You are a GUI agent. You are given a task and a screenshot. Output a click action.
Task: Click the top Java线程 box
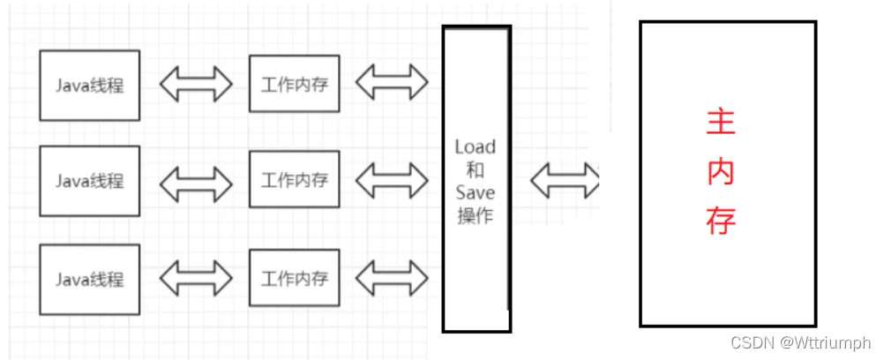tap(90, 85)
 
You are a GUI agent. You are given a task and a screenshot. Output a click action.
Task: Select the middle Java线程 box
tap(90, 181)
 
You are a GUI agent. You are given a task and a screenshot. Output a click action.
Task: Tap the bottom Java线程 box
tap(90, 280)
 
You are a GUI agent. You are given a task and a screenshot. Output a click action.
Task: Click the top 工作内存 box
tap(295, 84)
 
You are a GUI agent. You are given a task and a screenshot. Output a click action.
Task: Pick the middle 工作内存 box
tap(295, 180)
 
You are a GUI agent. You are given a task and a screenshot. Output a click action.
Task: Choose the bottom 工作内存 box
tap(295, 279)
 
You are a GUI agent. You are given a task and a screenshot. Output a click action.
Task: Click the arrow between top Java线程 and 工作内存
tap(195, 84)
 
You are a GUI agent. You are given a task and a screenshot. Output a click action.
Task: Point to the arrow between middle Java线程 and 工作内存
tap(195, 181)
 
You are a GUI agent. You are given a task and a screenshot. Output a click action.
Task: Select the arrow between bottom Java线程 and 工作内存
tap(195, 279)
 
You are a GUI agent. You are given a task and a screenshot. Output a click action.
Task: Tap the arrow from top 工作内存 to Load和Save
tap(392, 83)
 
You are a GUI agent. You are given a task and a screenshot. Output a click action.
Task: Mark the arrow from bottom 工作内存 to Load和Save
tap(392, 279)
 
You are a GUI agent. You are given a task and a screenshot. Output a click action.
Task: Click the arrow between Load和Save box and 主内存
tap(566, 180)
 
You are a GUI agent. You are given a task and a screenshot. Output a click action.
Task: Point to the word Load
tap(475, 146)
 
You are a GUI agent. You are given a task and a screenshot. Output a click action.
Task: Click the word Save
tap(475, 192)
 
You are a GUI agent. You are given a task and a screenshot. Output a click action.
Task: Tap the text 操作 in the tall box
tap(475, 215)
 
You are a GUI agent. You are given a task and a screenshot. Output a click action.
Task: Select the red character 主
tap(721, 124)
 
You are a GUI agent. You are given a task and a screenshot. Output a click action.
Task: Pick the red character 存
tap(721, 221)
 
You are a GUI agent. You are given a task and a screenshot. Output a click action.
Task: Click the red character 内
tap(721, 172)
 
